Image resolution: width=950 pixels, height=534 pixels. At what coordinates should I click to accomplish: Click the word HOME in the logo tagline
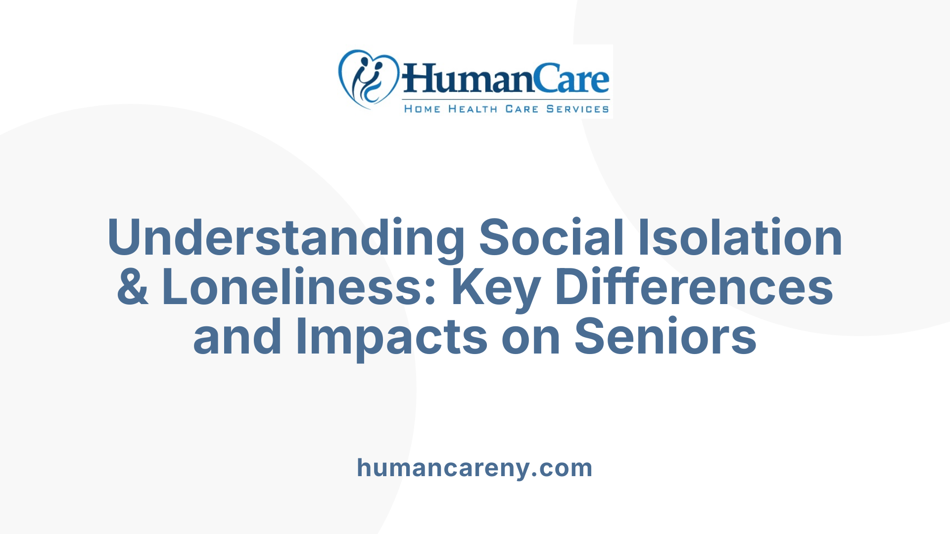click(x=422, y=109)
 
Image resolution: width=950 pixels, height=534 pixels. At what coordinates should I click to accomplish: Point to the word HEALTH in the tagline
click(x=473, y=109)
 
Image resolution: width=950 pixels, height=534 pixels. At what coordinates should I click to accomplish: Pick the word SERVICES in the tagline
click(x=577, y=109)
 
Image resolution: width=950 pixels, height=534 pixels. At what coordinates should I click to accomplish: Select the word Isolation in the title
click(x=740, y=238)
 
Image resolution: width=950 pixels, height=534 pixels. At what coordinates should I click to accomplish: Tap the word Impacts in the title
click(x=391, y=337)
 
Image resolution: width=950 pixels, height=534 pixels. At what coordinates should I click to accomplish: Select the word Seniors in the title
click(x=665, y=337)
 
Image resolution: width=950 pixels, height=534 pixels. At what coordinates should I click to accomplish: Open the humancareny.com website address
click(x=475, y=468)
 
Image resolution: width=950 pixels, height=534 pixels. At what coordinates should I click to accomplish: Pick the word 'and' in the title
click(x=237, y=337)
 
